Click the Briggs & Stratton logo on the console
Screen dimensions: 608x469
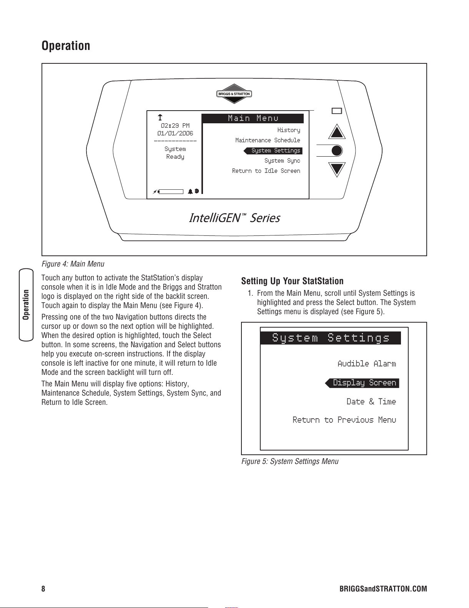(x=234, y=94)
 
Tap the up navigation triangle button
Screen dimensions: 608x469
(x=337, y=133)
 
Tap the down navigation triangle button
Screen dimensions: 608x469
(x=337, y=169)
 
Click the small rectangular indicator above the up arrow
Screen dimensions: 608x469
(x=337, y=111)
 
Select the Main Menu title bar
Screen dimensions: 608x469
(x=253, y=118)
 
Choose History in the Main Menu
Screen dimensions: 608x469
(x=288, y=130)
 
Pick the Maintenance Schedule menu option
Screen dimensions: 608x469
(x=268, y=141)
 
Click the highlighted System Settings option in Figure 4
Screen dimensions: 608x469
(x=275, y=151)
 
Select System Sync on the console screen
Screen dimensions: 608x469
(x=282, y=161)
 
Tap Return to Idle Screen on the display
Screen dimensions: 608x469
(x=266, y=171)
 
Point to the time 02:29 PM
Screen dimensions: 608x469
(x=175, y=126)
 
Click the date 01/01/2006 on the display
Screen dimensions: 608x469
(x=175, y=133)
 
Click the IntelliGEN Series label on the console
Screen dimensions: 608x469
(x=234, y=218)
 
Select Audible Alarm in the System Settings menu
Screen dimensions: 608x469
(x=366, y=363)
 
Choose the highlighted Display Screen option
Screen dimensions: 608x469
(x=364, y=383)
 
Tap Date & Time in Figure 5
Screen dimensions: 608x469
(x=371, y=401)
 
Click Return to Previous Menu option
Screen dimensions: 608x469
(x=344, y=420)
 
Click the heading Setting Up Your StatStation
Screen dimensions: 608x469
(x=292, y=281)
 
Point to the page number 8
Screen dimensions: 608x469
(x=43, y=589)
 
